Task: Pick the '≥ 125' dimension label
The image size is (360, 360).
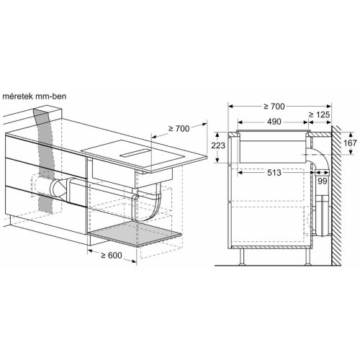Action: click(321, 114)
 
